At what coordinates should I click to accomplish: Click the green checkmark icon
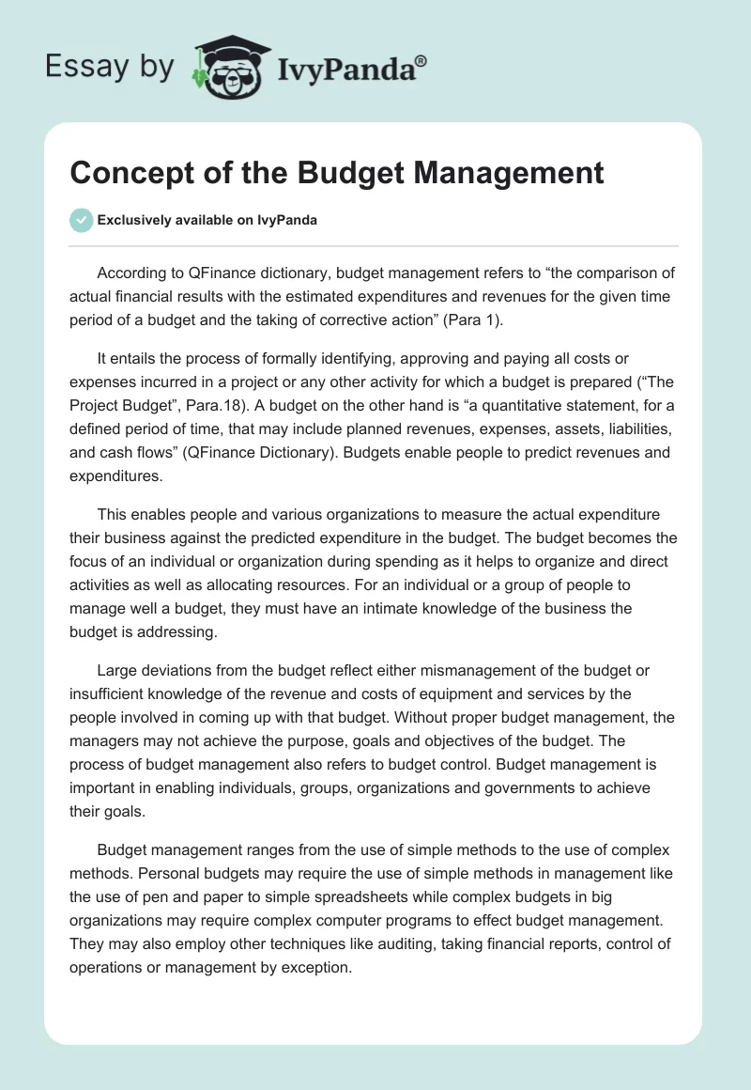tap(81, 220)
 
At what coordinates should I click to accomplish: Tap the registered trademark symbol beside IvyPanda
tap(421, 61)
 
